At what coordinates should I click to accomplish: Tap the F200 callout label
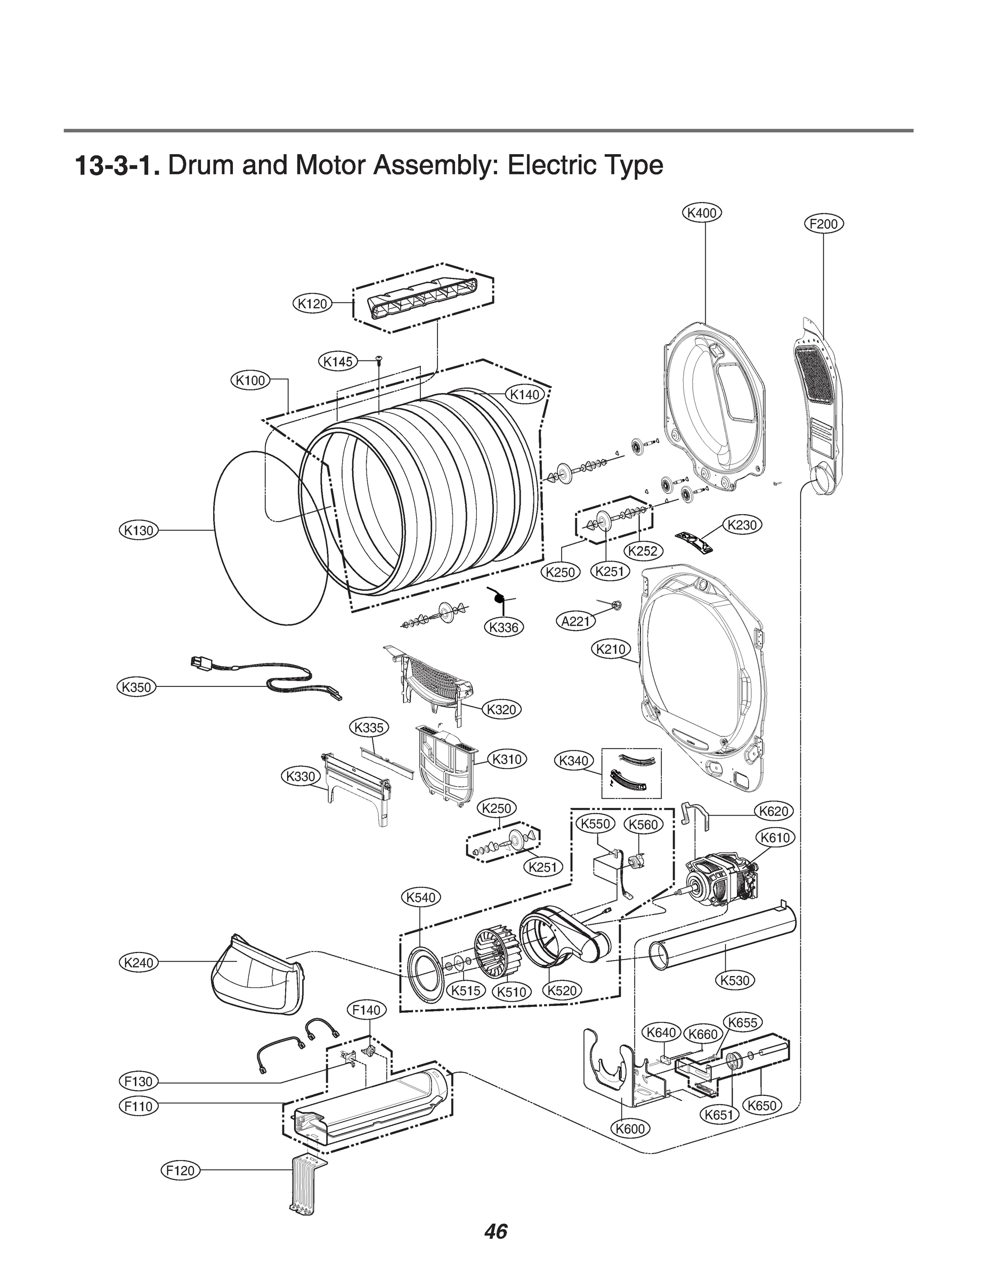[x=824, y=224]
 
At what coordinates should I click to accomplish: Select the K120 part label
[x=312, y=303]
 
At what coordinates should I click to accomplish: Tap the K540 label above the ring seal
[x=421, y=897]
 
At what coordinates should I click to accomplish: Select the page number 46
[x=496, y=1231]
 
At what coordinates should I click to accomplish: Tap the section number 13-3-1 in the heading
[x=117, y=166]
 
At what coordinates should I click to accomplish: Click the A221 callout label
[x=576, y=621]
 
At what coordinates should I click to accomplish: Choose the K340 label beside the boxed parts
[x=573, y=761]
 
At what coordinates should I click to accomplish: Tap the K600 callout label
[x=631, y=1129]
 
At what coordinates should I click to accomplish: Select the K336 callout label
[x=504, y=628]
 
